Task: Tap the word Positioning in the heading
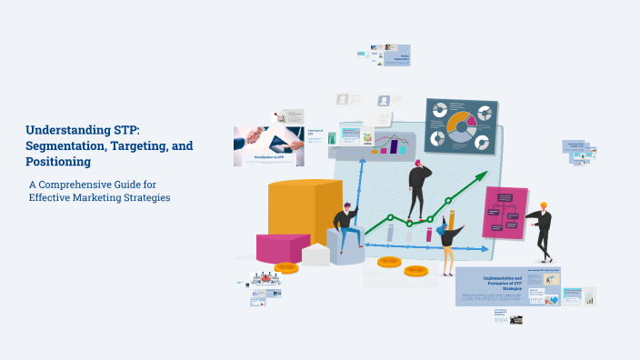coord(58,162)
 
